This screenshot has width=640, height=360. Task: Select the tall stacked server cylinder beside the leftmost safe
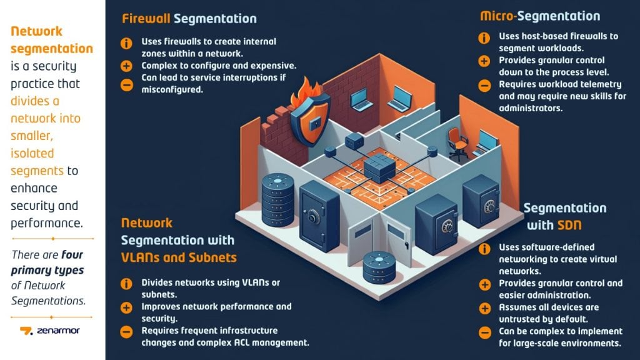click(x=278, y=201)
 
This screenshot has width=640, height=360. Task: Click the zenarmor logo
click(x=50, y=330)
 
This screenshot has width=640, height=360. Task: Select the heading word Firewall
click(x=146, y=19)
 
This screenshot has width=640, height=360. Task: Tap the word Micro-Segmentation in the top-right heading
click(x=540, y=16)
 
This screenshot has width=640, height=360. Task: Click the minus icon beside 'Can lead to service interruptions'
click(x=127, y=84)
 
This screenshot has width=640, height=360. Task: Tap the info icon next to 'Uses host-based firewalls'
click(x=484, y=37)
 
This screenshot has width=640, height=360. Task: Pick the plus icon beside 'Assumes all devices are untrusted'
click(x=484, y=308)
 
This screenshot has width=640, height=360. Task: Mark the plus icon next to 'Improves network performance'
click(x=127, y=307)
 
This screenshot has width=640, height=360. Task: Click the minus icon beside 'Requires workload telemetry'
click(x=484, y=85)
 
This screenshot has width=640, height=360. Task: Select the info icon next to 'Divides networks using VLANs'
click(x=127, y=284)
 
